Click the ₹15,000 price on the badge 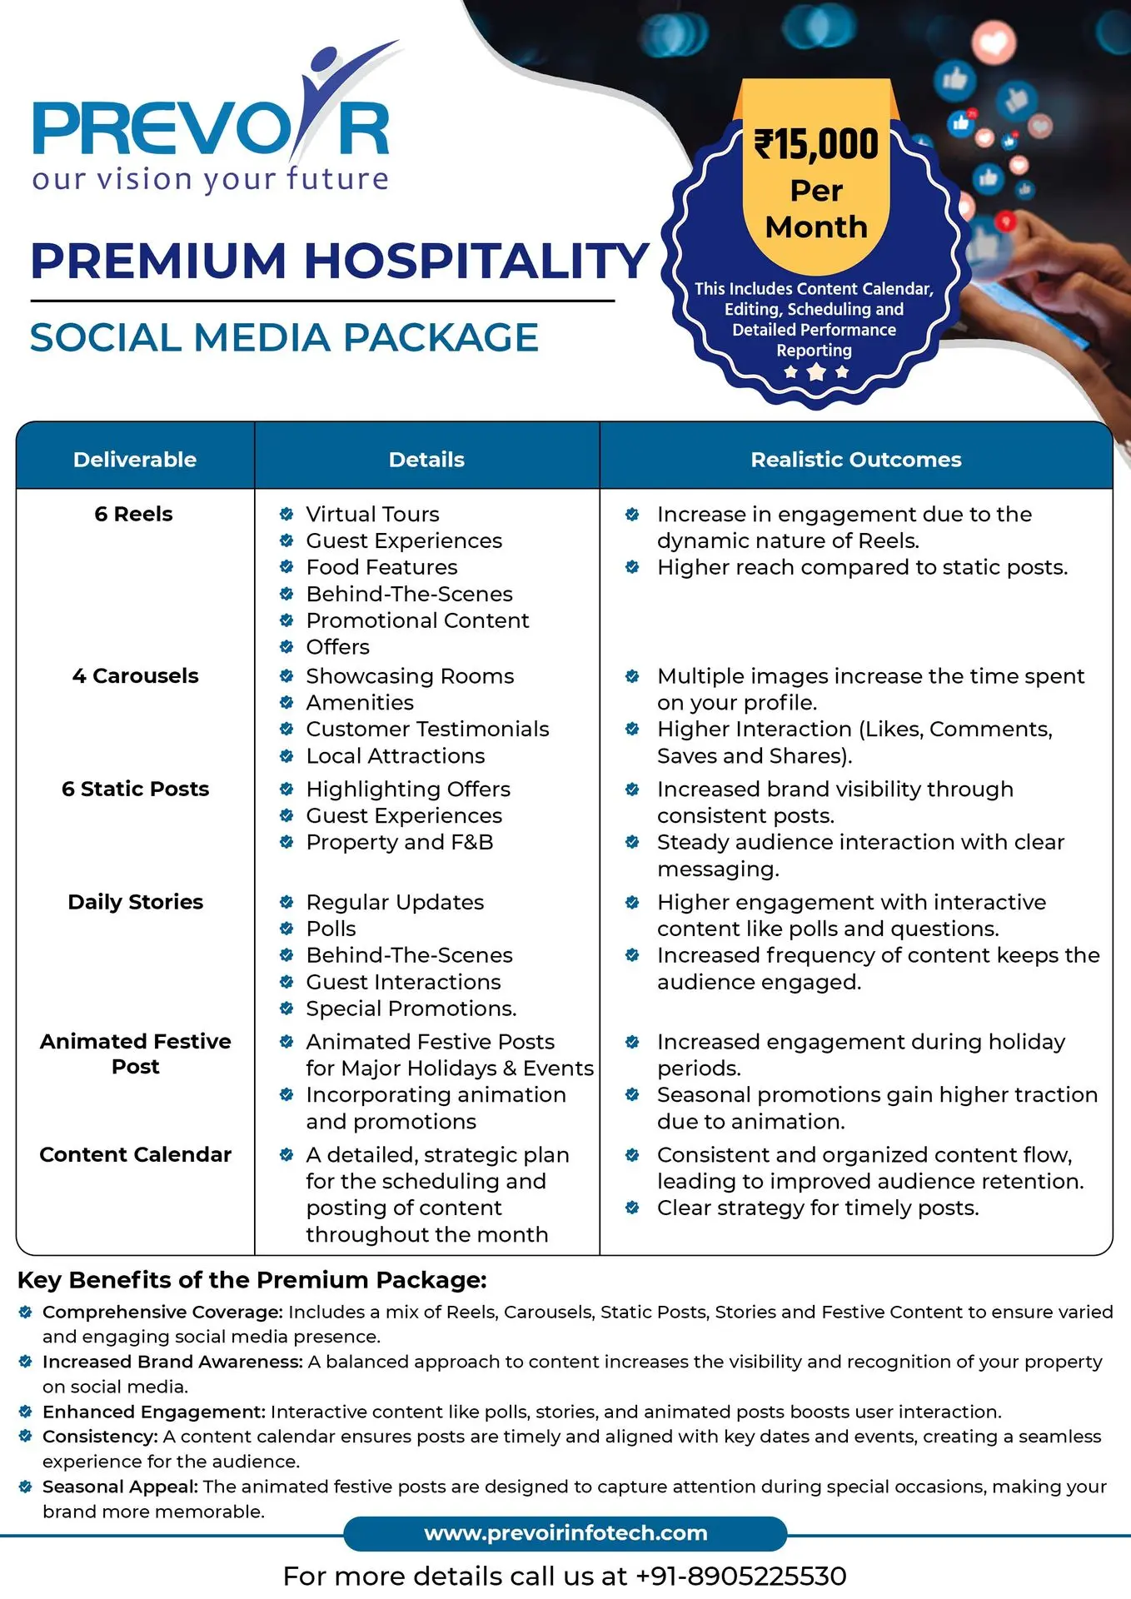coord(816,144)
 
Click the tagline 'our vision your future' coord(211,179)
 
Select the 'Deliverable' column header coord(135,459)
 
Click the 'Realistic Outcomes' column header coord(855,459)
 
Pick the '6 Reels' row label coord(133,514)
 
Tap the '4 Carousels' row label coord(135,675)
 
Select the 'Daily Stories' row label coord(135,902)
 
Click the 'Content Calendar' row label coord(135,1154)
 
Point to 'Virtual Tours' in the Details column coord(372,514)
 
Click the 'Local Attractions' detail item coord(395,755)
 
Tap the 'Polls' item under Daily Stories coord(331,929)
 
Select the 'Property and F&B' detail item coord(399,842)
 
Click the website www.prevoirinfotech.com coord(565,1533)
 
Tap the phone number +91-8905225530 coord(740,1576)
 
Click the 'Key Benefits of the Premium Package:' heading coord(252,1280)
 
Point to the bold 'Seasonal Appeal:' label coord(120,1487)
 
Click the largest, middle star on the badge coord(816,371)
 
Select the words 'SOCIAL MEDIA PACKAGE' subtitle coord(284,337)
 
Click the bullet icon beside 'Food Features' coord(286,567)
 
